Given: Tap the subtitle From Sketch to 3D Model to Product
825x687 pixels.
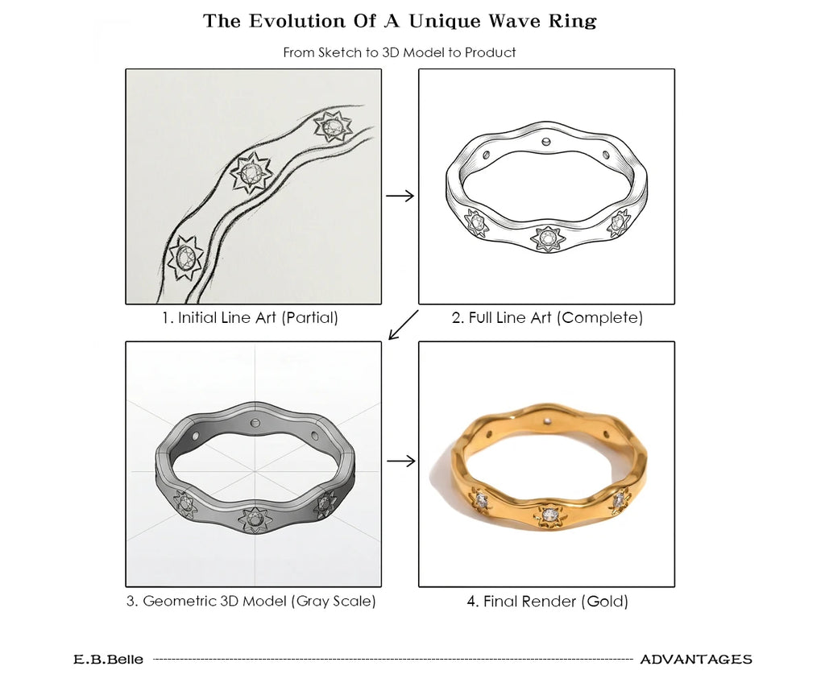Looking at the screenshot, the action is point(400,52).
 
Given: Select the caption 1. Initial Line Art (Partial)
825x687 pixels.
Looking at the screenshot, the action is point(250,317).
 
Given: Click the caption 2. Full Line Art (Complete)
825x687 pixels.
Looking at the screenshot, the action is point(547,317).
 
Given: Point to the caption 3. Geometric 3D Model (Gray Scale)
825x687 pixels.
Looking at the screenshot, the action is point(251,601).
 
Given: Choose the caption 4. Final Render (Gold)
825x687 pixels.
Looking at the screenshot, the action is point(548,601).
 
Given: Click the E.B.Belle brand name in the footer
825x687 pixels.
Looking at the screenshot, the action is point(109,659).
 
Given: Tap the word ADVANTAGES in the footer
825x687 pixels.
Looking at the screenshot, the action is point(696,659).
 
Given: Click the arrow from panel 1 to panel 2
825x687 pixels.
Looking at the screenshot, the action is point(400,197).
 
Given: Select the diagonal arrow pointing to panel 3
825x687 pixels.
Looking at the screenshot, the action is point(403,325).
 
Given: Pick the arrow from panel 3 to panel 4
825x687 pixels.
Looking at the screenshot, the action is point(401,461).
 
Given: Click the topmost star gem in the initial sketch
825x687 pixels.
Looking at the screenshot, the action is point(333,126).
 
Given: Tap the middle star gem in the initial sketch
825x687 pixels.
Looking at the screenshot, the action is point(251,172).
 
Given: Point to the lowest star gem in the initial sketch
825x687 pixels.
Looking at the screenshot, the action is point(186,258).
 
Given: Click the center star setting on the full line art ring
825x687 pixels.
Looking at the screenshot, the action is point(548,239).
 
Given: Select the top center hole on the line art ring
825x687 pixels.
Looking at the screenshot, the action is point(546,142).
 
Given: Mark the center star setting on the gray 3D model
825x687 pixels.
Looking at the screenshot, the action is point(255,519).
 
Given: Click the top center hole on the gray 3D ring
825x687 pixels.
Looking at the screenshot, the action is point(255,422).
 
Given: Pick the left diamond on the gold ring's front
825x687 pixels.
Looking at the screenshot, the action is point(480,498).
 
